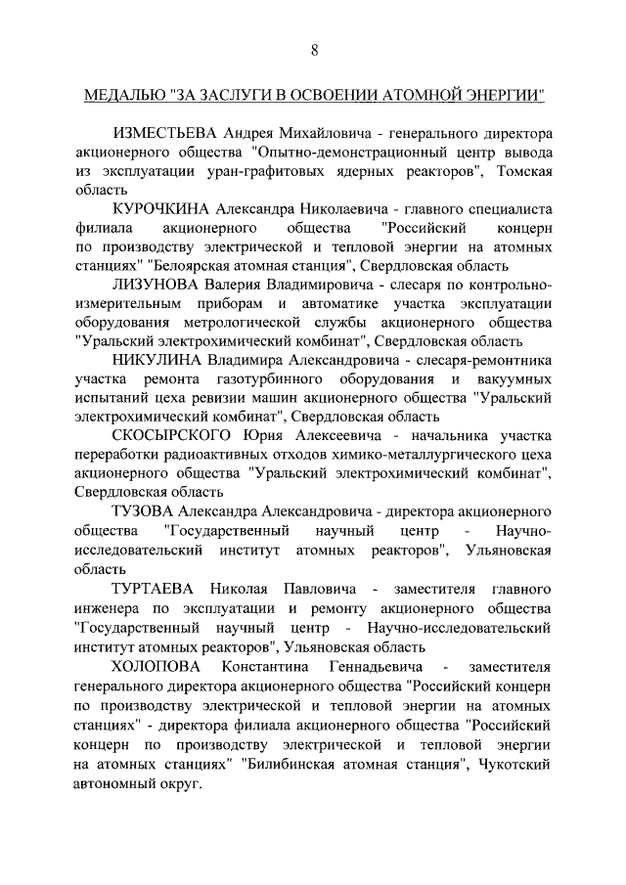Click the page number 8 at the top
tap(313, 50)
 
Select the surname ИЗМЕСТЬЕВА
tap(165, 132)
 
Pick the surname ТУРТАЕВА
tap(156, 591)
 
